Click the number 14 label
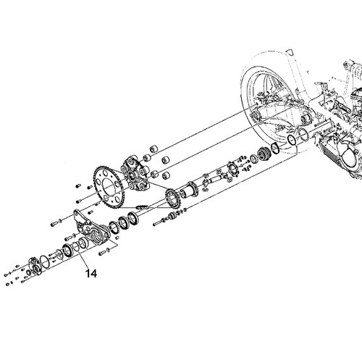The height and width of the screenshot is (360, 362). [x=91, y=274]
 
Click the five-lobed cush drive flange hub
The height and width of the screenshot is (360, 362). [x=135, y=174]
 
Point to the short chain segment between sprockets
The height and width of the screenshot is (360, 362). [x=142, y=207]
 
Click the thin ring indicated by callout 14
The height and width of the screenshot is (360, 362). [x=76, y=247]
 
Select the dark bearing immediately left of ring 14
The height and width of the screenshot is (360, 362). [x=67, y=250]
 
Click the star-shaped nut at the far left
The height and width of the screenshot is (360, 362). [x=34, y=266]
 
